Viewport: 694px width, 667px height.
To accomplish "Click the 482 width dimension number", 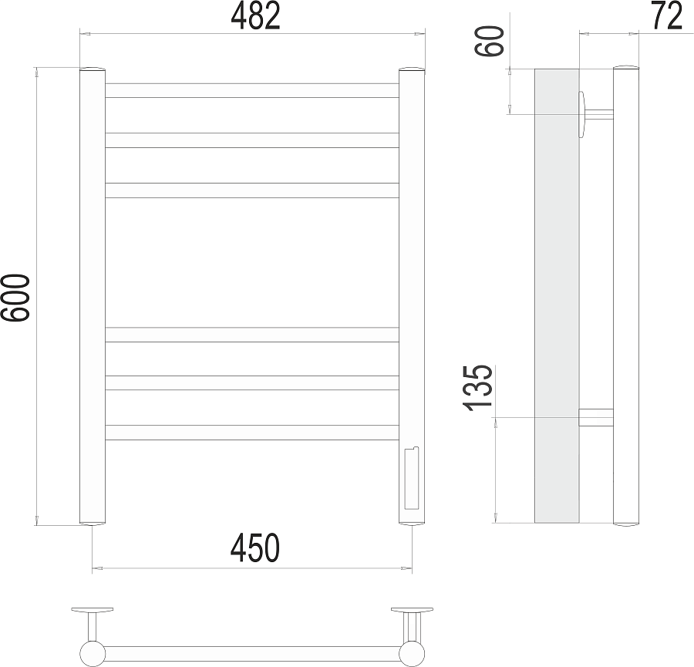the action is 255,16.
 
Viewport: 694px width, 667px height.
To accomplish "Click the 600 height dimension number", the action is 15,298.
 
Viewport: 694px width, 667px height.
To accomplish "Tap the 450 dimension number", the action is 255,547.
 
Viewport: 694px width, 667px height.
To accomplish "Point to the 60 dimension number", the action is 490,41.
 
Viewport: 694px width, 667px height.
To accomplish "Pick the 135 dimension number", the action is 477,388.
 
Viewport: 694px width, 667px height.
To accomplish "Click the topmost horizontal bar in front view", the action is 252,90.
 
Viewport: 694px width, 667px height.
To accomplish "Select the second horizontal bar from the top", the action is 252,140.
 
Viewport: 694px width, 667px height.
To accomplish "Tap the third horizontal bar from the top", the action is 252,190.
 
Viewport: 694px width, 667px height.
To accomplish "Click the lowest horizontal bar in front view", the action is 252,433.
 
